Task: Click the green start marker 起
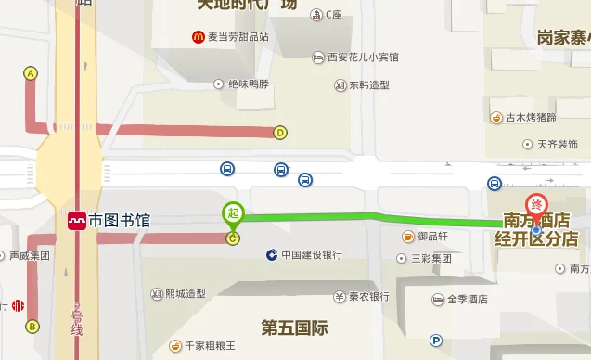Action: tap(233, 213)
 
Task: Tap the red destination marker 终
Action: tap(535, 205)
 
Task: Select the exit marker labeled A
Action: tap(31, 73)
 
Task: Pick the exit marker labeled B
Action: tap(32, 326)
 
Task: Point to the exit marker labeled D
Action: tap(280, 132)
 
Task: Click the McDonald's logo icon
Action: tap(198, 37)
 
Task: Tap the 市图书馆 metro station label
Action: tap(118, 222)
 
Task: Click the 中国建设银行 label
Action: tap(312, 254)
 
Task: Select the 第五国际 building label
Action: tap(294, 327)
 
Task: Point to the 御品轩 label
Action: tap(432, 236)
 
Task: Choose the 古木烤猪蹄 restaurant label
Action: tap(531, 118)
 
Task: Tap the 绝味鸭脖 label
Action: tap(248, 84)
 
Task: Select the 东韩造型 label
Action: tap(369, 85)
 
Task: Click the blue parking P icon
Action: tap(436, 341)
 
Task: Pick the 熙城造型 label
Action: tap(185, 294)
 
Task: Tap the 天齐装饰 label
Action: tap(557, 145)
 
